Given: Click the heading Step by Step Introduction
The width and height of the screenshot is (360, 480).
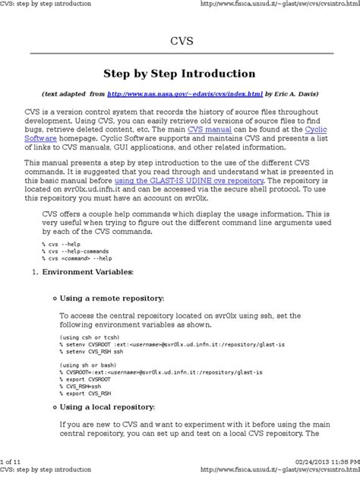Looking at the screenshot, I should point(179,74).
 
